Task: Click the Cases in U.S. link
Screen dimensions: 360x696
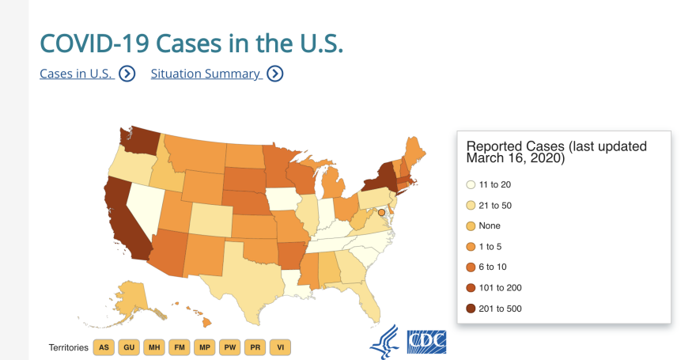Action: click(x=77, y=74)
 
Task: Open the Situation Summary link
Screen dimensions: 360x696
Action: click(x=206, y=74)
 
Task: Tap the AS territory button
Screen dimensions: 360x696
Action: click(x=104, y=347)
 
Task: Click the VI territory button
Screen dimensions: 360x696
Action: click(x=280, y=347)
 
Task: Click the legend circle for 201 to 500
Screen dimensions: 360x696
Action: click(x=471, y=309)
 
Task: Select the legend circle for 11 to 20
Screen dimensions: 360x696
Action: click(x=471, y=184)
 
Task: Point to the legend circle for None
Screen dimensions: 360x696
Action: click(x=471, y=225)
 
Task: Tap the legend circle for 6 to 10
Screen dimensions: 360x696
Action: click(x=471, y=267)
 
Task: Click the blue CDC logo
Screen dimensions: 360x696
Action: click(x=426, y=341)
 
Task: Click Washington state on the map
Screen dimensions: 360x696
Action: click(x=141, y=143)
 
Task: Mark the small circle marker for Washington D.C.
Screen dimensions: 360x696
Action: click(x=381, y=213)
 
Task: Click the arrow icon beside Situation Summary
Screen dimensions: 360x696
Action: click(x=274, y=74)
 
